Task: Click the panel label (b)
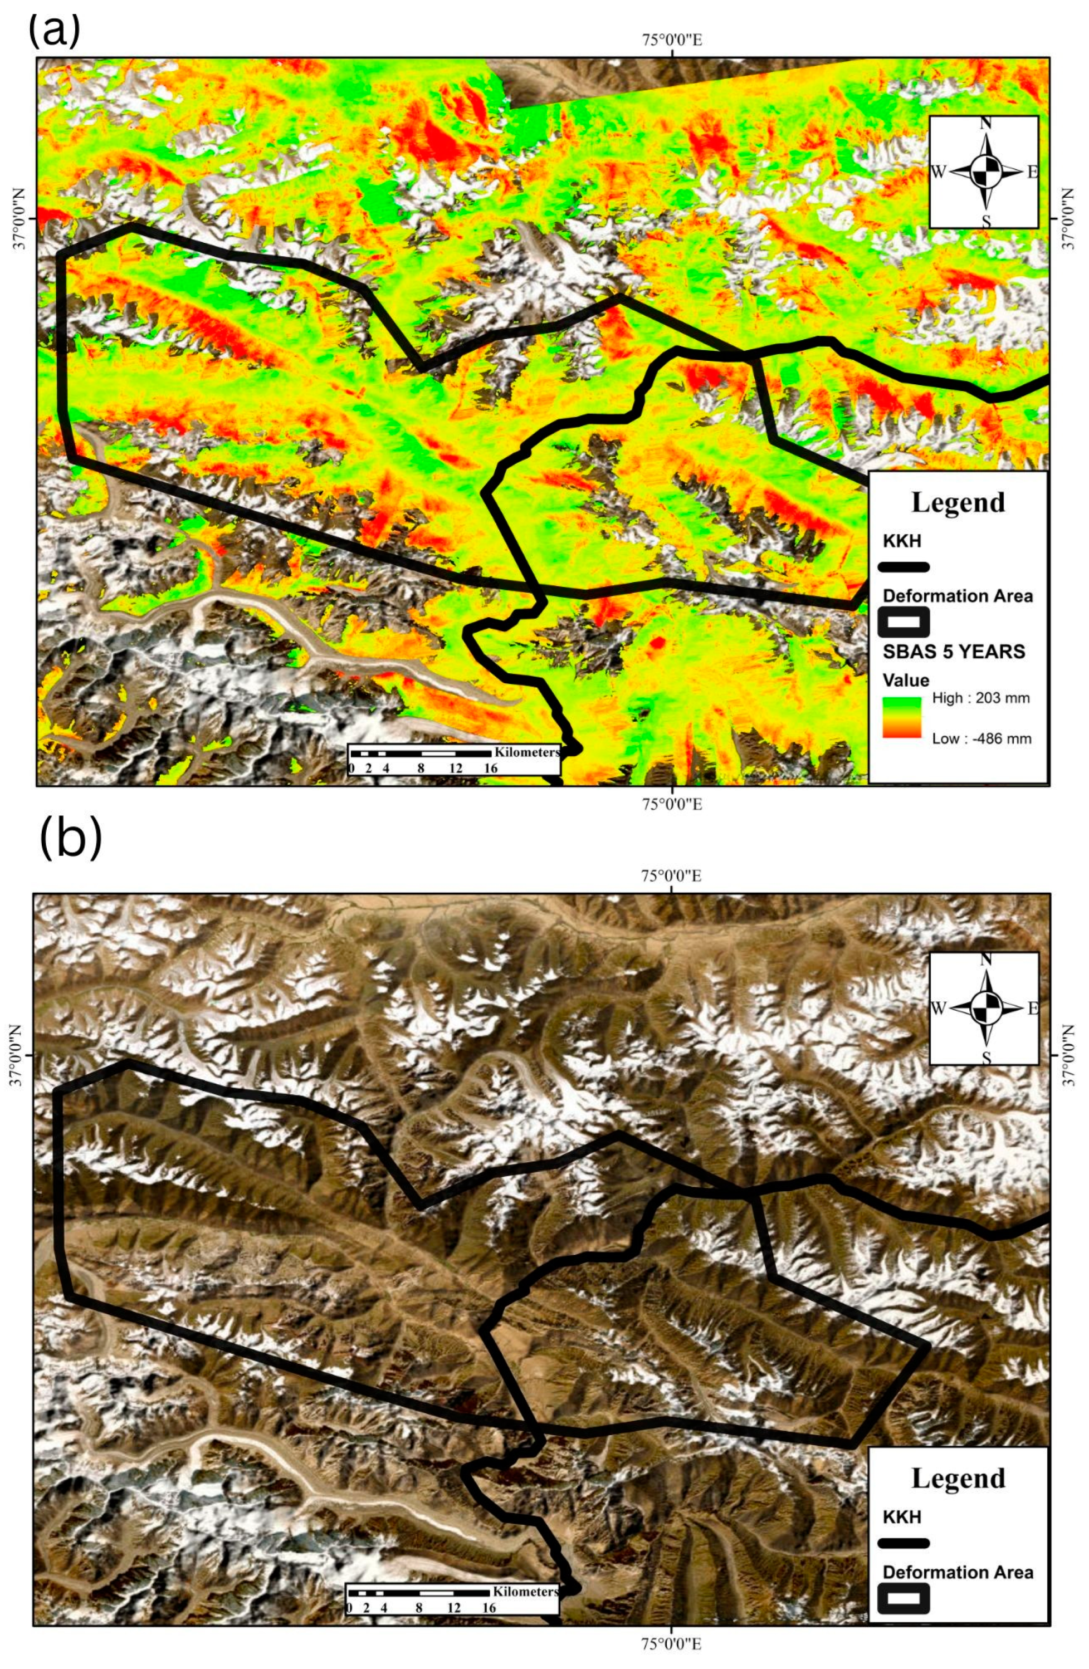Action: (x=71, y=838)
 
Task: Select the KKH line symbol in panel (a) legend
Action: (x=905, y=566)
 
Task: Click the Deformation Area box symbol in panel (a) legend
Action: (x=905, y=621)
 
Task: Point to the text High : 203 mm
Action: (x=980, y=698)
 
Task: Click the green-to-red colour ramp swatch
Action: (x=902, y=717)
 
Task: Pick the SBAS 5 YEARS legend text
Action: (x=953, y=652)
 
